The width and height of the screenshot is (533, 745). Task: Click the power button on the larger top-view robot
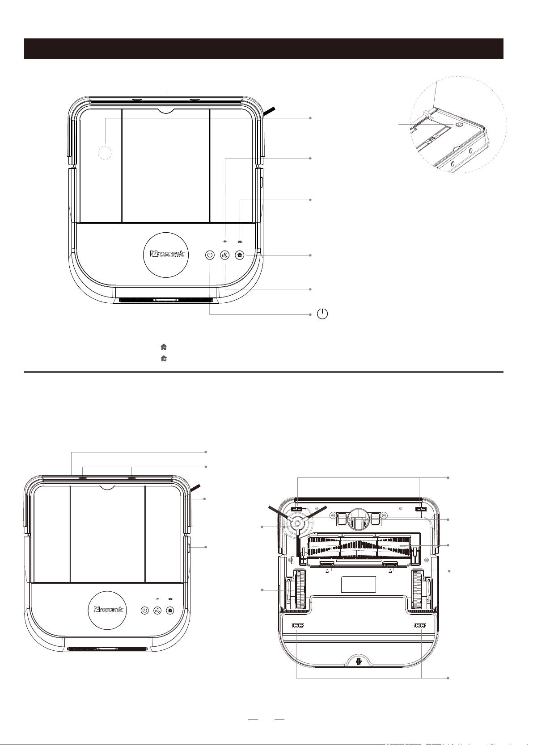pyautogui.click(x=209, y=255)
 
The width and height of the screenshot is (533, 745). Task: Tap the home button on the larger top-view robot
pyautogui.click(x=240, y=255)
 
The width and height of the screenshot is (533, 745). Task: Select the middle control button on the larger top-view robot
pyautogui.click(x=225, y=255)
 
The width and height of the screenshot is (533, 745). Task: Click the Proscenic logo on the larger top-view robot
pyautogui.click(x=168, y=255)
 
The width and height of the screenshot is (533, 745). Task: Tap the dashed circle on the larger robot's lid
pyautogui.click(x=105, y=153)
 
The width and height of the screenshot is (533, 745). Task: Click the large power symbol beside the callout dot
pyautogui.click(x=322, y=314)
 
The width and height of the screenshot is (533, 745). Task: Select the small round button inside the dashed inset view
pyautogui.click(x=460, y=124)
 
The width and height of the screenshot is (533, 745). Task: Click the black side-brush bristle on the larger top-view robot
pyautogui.click(x=270, y=111)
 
